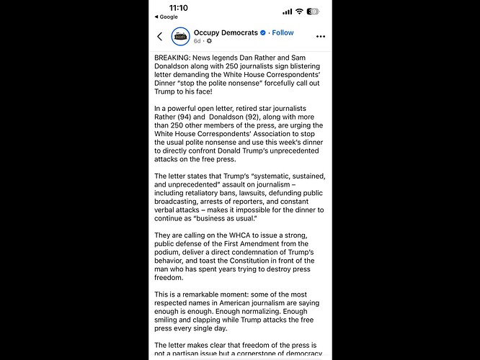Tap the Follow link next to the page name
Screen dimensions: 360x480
pyautogui.click(x=283, y=32)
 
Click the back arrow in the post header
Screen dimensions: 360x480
pyautogui.click(x=160, y=37)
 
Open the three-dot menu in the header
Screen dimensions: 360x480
pyautogui.click(x=321, y=37)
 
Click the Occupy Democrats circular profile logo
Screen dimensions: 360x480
pyautogui.click(x=180, y=37)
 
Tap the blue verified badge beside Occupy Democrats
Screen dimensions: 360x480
pyautogui.click(x=264, y=32)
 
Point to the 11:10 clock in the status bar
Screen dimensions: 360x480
pyautogui.click(x=176, y=7)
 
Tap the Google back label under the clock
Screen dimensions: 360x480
pyautogui.click(x=167, y=17)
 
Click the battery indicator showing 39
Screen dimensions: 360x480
pyautogui.click(x=313, y=12)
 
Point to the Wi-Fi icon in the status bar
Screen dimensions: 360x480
pyautogui.click(x=298, y=12)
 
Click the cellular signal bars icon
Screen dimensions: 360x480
pyautogui.click(x=286, y=12)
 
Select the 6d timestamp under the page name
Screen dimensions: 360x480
pyautogui.click(x=197, y=42)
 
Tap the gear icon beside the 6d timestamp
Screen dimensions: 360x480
pyautogui.click(x=209, y=42)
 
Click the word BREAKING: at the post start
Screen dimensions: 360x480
pyautogui.click(x=175, y=56)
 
